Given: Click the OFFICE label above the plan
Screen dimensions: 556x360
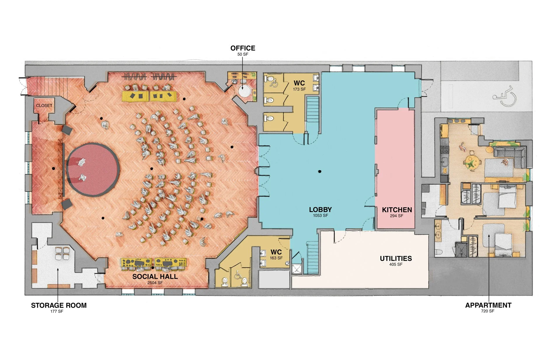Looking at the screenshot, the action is (243, 48).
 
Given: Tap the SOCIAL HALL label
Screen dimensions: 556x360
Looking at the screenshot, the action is (155, 276).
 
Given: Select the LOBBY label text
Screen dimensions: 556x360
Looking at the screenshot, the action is (320, 210).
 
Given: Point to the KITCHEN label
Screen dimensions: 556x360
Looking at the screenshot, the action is (397, 210).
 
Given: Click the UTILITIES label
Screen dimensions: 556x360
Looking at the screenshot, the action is (396, 258).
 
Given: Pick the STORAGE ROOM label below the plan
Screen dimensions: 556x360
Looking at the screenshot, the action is (59, 305).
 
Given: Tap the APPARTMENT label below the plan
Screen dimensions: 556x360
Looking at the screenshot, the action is (488, 305).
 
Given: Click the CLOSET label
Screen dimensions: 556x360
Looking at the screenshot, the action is (44, 105).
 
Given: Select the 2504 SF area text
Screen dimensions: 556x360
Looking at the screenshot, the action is (155, 283).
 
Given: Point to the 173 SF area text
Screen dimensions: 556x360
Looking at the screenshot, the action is (299, 89).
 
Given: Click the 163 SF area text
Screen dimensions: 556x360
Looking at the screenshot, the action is (276, 258).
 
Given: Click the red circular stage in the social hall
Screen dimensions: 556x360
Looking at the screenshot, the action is (93, 169).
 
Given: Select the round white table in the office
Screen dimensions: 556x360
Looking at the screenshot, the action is (244, 91).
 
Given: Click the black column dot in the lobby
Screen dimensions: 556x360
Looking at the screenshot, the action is (320, 172).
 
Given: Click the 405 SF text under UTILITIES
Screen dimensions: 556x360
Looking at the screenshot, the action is (396, 265).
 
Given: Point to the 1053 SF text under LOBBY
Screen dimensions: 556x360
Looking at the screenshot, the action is (320, 216).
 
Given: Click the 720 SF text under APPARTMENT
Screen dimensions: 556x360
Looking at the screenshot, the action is (488, 311).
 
